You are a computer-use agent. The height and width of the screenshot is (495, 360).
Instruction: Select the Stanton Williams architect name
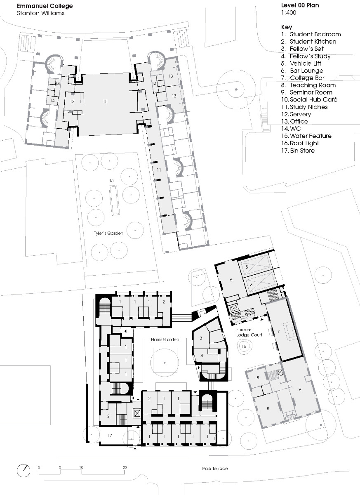[x=40, y=13]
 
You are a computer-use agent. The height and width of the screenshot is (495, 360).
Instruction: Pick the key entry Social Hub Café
[x=309, y=100]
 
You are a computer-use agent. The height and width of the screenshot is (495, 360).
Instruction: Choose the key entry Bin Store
[x=302, y=151]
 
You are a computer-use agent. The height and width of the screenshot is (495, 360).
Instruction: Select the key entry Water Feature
[x=310, y=136]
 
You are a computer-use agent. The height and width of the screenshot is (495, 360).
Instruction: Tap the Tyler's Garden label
[x=108, y=233]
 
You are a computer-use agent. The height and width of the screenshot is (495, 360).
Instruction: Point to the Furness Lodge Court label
[x=249, y=332]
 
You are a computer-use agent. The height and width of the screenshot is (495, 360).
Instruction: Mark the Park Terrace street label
[x=214, y=469]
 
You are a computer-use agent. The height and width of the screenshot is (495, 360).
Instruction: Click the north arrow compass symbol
[x=24, y=470]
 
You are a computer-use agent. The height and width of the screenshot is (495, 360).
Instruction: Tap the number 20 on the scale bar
[x=125, y=467]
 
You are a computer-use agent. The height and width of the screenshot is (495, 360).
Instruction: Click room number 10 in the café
[x=105, y=101]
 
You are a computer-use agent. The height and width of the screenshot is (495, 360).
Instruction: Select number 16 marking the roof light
[x=244, y=347]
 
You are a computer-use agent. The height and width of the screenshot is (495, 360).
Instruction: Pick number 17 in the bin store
[x=109, y=435]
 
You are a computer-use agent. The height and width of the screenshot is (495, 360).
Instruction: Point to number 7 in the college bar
[x=279, y=332]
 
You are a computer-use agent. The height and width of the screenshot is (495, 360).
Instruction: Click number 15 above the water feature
[x=111, y=181]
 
